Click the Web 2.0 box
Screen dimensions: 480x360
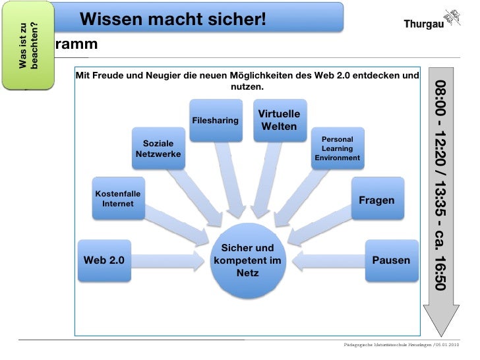click(104, 260)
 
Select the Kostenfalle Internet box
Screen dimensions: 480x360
click(117, 198)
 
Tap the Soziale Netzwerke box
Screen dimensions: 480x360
click(158, 148)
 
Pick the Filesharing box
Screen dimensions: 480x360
click(215, 121)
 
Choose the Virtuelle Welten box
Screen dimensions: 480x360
click(279, 120)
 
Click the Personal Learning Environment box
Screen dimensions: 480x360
click(337, 148)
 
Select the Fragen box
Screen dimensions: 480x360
click(376, 200)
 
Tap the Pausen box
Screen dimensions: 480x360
click(391, 260)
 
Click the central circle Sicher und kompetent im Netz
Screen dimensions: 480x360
click(247, 260)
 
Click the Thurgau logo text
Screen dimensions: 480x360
click(423, 25)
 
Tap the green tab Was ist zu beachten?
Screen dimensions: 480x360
click(28, 45)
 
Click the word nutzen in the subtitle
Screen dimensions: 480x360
click(247, 87)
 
